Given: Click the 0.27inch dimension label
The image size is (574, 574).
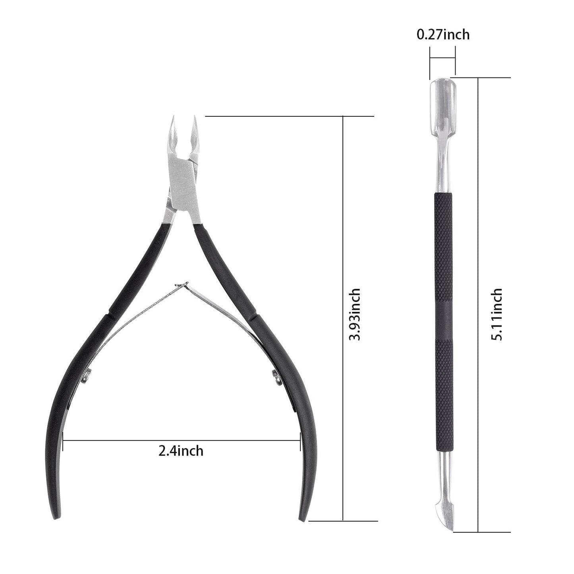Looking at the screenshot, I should pyautogui.click(x=443, y=35).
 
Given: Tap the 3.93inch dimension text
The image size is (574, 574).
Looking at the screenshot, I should pyautogui.click(x=354, y=314).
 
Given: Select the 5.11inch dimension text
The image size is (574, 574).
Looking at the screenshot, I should pyautogui.click(x=497, y=314).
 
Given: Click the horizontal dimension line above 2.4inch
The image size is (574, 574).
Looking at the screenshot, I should pyautogui.click(x=181, y=440).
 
